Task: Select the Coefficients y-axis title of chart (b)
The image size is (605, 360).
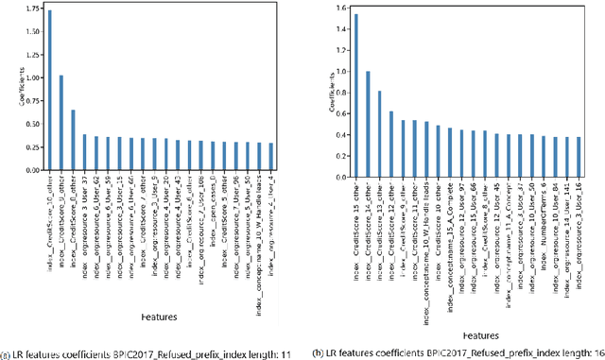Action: pyautogui.click(x=333, y=95)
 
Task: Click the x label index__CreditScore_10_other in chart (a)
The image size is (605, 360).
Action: pyautogui.click(x=49, y=219)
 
